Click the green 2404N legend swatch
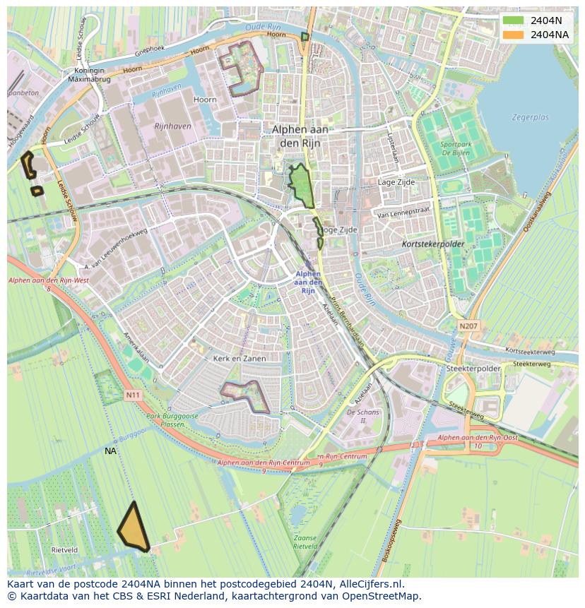coord(514,20)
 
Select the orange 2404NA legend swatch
coord(514,35)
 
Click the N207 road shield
coord(467,326)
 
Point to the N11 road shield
coord(133,395)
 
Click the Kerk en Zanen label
coord(240,359)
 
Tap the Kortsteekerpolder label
coord(432,244)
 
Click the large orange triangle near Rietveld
coord(133,530)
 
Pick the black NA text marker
coord(110,451)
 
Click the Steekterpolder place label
coord(473,369)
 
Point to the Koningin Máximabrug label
coord(85,75)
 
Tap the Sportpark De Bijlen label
coord(456,148)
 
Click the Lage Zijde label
coord(396,182)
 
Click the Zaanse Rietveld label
coord(305,542)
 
